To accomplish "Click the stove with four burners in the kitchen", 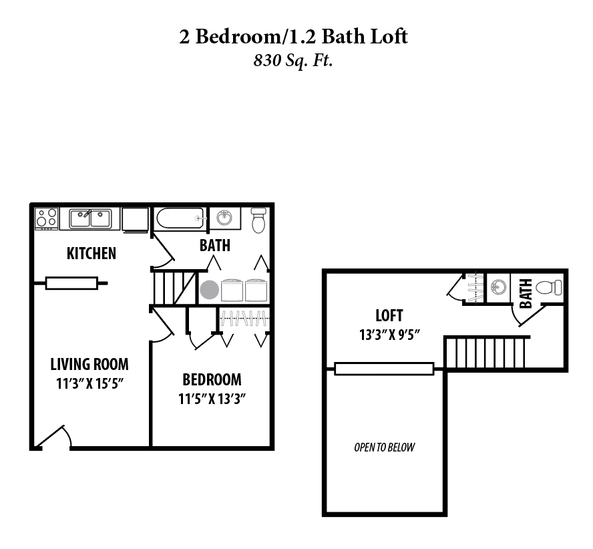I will pos(47,218).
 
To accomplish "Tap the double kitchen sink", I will pos(89,218).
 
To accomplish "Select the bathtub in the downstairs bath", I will pos(180,218).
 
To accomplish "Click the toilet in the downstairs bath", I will pos(258,220).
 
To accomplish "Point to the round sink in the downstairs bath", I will pos(225,218).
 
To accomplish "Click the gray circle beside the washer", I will pos(209,291).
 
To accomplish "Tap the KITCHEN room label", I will pos(91,253).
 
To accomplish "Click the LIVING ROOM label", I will pos(89,365).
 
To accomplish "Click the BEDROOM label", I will pos(212,380).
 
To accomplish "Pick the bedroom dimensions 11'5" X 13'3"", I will pos(212,399).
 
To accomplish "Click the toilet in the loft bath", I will pos(549,288).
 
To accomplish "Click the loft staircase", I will pos(486,353).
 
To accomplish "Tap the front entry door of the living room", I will pos(53,437).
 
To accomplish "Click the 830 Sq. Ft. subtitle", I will pos(293,61).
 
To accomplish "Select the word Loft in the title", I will pos(387,36).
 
